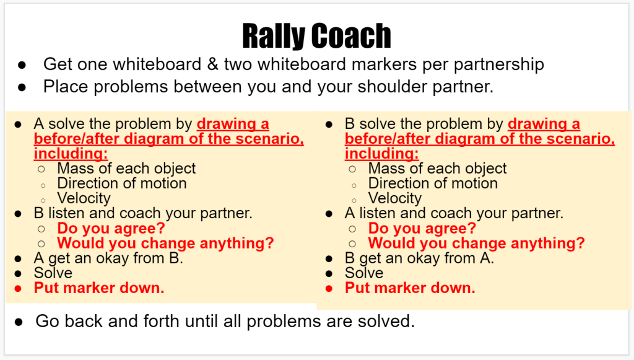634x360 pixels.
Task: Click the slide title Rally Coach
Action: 316,35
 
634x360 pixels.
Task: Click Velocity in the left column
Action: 84,198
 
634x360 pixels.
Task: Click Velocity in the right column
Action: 395,198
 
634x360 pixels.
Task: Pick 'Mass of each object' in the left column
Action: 126,169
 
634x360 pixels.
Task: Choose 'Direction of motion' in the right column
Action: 433,183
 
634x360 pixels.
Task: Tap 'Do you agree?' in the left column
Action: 111,229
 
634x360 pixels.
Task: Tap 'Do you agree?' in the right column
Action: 422,229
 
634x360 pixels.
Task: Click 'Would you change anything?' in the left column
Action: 166,243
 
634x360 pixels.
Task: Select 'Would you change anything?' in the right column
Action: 477,243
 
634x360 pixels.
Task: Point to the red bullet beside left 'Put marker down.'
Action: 18,289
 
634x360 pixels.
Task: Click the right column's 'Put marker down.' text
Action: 410,288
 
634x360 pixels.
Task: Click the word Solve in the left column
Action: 53,273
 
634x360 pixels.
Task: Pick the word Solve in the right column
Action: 364,273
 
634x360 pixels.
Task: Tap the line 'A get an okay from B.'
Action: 109,258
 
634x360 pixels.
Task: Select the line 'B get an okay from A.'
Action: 420,258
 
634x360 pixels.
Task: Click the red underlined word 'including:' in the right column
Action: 381,154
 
